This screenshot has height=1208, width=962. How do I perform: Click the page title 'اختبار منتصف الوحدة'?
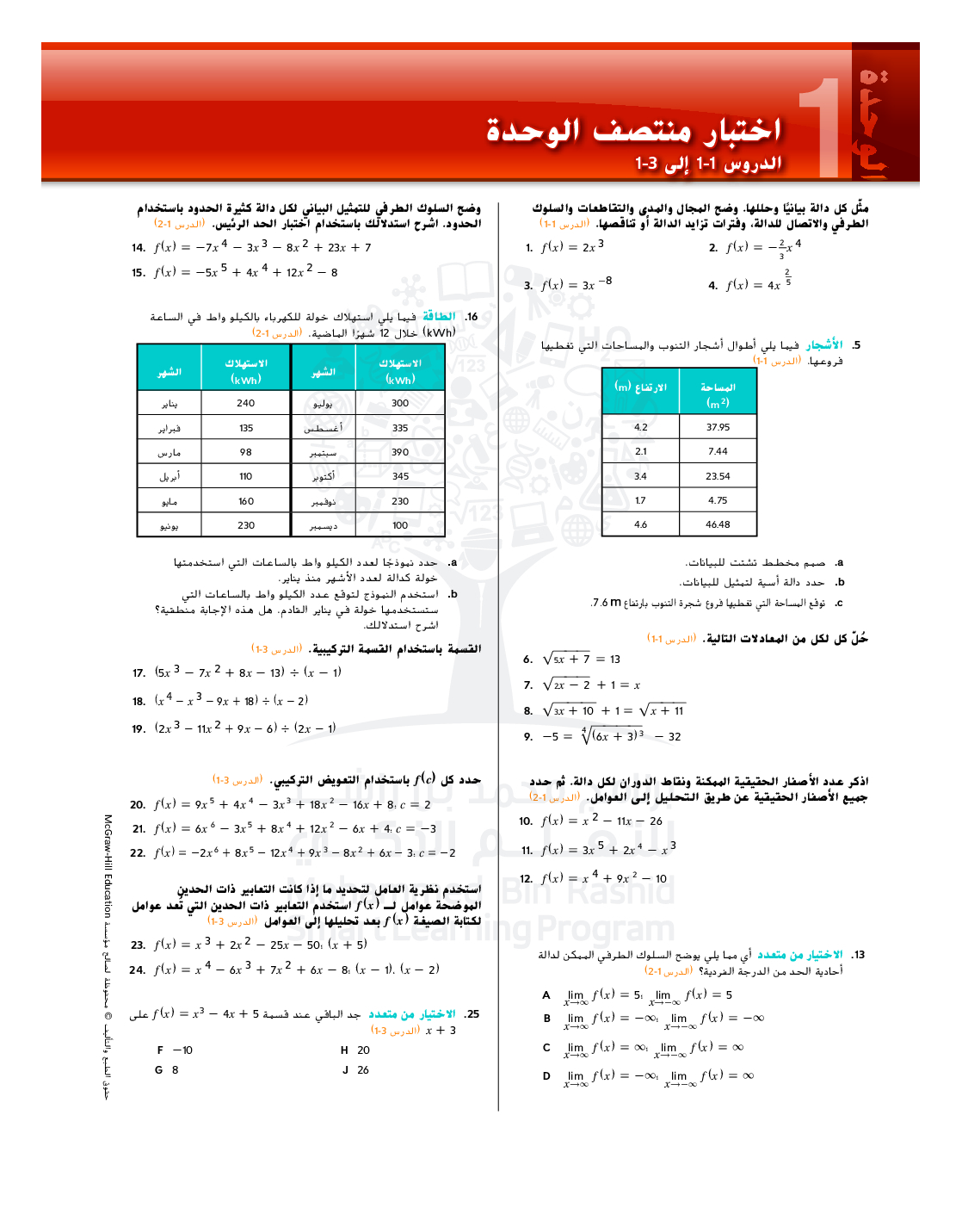[x=633, y=131]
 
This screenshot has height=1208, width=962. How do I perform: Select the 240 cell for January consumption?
[x=246, y=403]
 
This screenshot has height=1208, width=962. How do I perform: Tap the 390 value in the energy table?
[x=400, y=452]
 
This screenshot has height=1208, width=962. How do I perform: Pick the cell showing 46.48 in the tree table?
[x=718, y=524]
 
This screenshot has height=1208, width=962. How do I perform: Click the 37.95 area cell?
[x=718, y=427]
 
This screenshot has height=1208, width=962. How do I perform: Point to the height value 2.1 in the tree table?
[x=641, y=451]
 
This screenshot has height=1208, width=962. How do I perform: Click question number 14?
[x=139, y=248]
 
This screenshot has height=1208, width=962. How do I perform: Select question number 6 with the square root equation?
[x=528, y=660]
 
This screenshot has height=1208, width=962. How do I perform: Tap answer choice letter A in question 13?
[x=546, y=995]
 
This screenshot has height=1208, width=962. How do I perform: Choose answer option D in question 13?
[x=546, y=1075]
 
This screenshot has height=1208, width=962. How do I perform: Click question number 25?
[x=472, y=1014]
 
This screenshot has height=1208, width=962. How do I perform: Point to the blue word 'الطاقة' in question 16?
[x=439, y=317]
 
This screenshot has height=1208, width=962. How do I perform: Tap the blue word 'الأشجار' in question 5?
[x=824, y=345]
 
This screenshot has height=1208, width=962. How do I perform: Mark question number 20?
[x=138, y=805]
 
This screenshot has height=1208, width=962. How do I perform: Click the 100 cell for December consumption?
[x=400, y=525]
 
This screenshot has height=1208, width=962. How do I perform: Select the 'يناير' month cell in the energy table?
[x=170, y=404]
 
